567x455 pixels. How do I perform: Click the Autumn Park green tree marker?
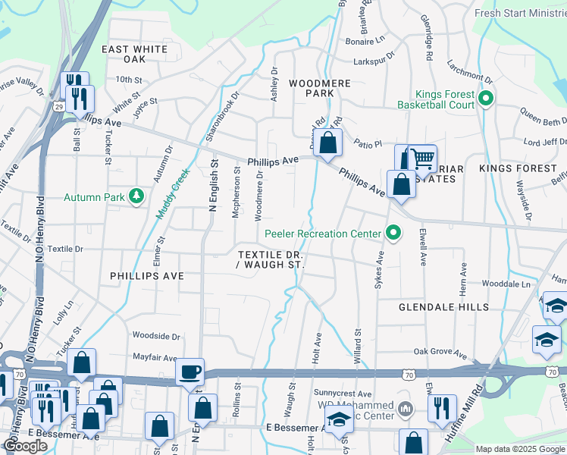click(136, 196)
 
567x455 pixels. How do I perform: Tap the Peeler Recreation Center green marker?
click(393, 232)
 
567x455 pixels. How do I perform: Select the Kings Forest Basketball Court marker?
click(486, 99)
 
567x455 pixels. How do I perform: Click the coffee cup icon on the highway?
click(190, 372)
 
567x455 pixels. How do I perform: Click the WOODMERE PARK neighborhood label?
click(311, 87)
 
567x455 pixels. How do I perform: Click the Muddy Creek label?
click(169, 195)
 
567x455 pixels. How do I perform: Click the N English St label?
click(213, 186)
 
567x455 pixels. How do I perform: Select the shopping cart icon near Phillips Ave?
click(421, 159)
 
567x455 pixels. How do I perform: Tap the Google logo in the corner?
click(26, 446)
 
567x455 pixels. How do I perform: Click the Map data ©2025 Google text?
click(520, 449)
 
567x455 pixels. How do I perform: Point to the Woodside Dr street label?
click(156, 335)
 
